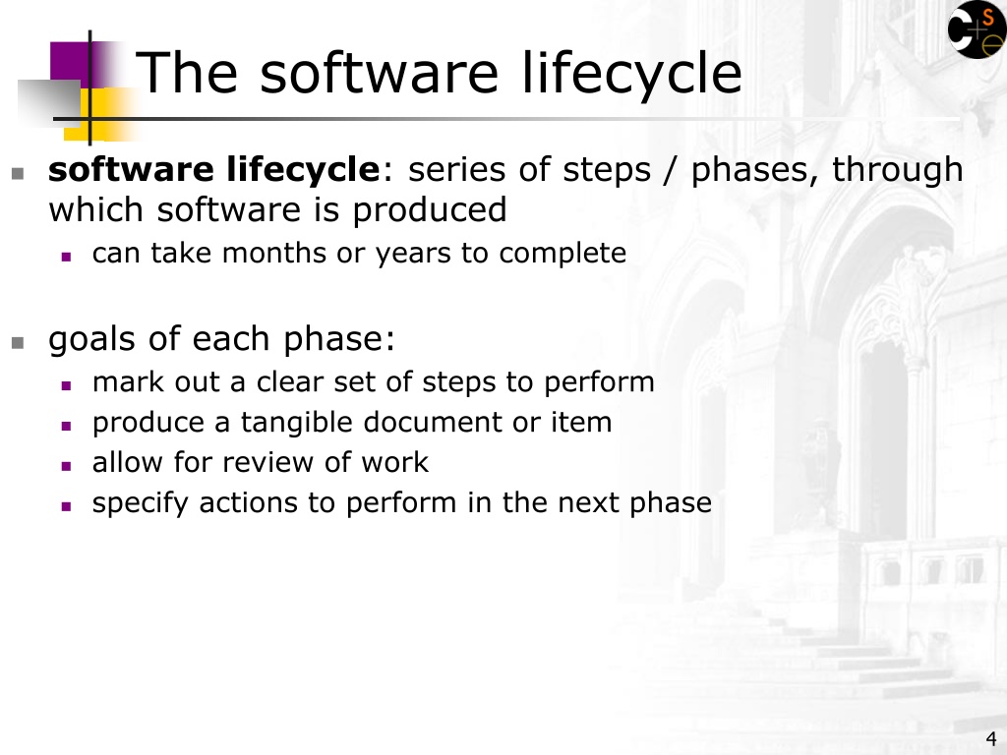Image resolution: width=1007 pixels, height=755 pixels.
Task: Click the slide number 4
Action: pos(991,738)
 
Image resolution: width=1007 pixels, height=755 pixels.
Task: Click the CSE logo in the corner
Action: pos(977,29)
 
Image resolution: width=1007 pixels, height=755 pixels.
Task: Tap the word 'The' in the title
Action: pos(187,73)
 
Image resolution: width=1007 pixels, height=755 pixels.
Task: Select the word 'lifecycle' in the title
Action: pos(631,74)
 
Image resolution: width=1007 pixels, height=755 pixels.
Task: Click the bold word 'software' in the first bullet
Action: pos(131,169)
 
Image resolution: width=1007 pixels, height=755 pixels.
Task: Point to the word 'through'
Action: pos(898,170)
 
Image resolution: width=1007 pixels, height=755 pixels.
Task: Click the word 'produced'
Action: pos(430,209)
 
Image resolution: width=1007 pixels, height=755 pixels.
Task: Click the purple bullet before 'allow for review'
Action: pos(66,466)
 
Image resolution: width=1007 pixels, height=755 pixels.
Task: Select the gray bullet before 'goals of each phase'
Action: pos(18,342)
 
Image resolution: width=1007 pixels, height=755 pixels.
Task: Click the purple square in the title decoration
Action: pos(70,65)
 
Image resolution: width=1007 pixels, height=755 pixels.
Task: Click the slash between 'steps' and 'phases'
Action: pos(671,171)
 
